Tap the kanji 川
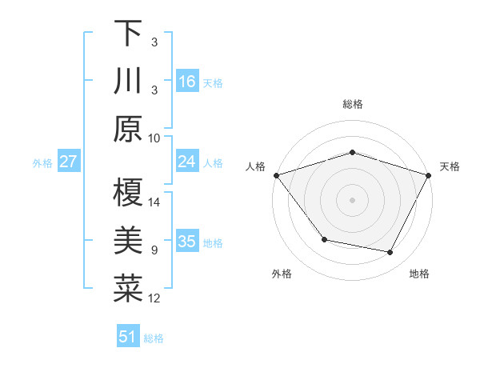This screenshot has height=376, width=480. point(128,82)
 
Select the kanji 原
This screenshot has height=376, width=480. point(128,130)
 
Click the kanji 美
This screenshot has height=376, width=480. point(128,242)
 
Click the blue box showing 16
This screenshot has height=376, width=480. point(187,82)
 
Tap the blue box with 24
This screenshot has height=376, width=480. point(187,162)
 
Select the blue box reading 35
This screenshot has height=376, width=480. point(187,242)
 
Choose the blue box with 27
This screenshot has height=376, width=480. point(69,162)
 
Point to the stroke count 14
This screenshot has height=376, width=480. point(154,202)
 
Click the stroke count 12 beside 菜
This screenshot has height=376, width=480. point(154,298)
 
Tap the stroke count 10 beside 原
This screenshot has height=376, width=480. point(154,138)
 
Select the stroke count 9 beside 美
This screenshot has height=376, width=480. point(154,250)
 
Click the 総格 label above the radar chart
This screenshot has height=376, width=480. point(352,104)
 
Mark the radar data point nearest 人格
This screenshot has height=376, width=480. point(276,175)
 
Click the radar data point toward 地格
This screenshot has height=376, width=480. point(390,253)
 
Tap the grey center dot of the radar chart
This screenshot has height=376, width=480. point(352,200)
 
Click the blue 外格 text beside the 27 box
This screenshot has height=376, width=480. point(42,162)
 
